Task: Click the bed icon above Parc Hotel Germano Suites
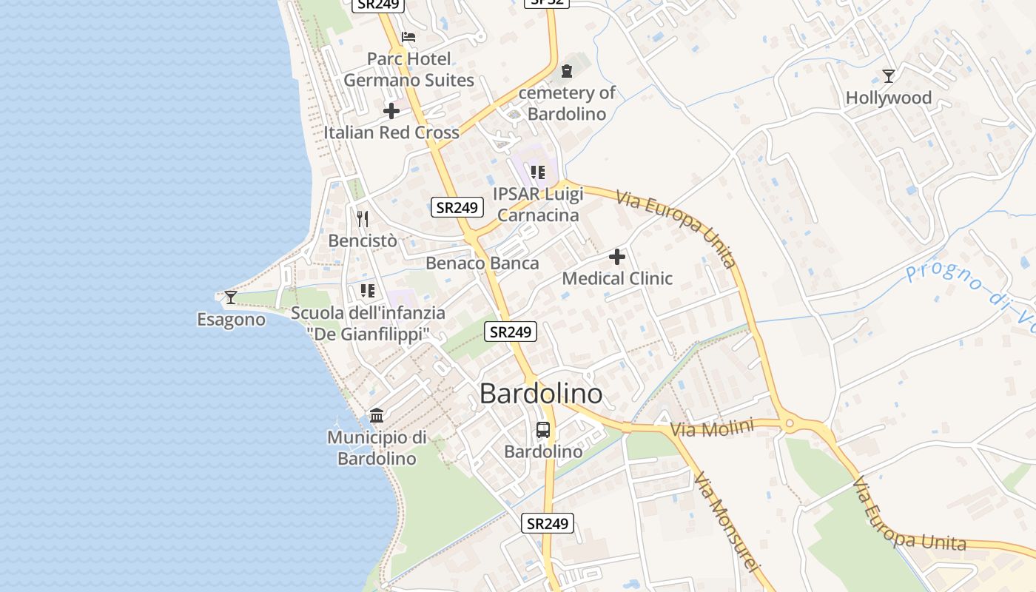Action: pos(408,37)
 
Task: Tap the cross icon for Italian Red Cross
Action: pos(391,112)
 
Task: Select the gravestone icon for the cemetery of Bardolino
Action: pos(567,71)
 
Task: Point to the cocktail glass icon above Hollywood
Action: pos(889,75)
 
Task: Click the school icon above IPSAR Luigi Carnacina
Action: pos(538,172)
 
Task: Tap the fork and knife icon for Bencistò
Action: pos(363,218)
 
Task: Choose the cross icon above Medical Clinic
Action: pos(617,257)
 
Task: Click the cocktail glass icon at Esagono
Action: pos(231,297)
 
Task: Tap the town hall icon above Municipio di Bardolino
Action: pos(377,415)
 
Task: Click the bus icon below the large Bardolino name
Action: pos(543,429)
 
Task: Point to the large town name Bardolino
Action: pos(541,394)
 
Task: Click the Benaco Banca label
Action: pos(482,263)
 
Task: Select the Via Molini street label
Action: pos(712,428)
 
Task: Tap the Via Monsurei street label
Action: pos(727,521)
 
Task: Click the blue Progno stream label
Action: pos(969,286)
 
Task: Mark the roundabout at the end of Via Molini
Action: pos(790,424)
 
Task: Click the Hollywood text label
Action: pos(888,98)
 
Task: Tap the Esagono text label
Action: pos(231,320)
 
